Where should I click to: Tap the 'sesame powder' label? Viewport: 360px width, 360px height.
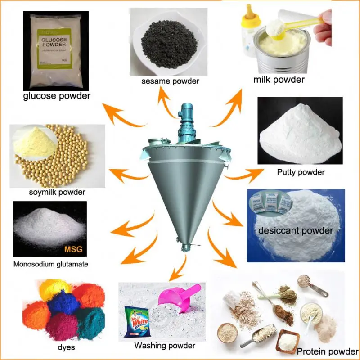tap(170, 81)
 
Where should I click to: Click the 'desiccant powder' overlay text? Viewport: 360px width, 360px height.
tap(296, 231)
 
